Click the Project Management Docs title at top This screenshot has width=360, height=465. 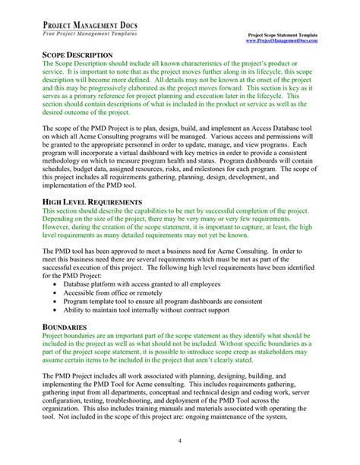[93, 24]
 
